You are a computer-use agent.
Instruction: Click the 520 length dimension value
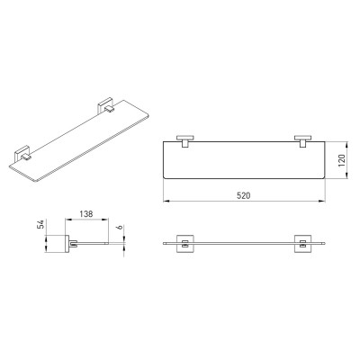click(x=243, y=195)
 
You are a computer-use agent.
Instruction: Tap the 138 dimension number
click(x=86, y=214)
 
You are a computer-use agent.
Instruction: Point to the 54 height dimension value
click(x=40, y=224)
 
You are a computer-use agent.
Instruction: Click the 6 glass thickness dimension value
click(x=120, y=228)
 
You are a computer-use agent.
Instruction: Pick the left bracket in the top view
click(x=185, y=141)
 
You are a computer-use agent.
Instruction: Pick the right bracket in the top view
click(x=303, y=141)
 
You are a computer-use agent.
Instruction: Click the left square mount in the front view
click(x=185, y=243)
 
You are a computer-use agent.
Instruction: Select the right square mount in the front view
click(x=303, y=243)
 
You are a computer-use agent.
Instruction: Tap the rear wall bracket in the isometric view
click(x=106, y=105)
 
